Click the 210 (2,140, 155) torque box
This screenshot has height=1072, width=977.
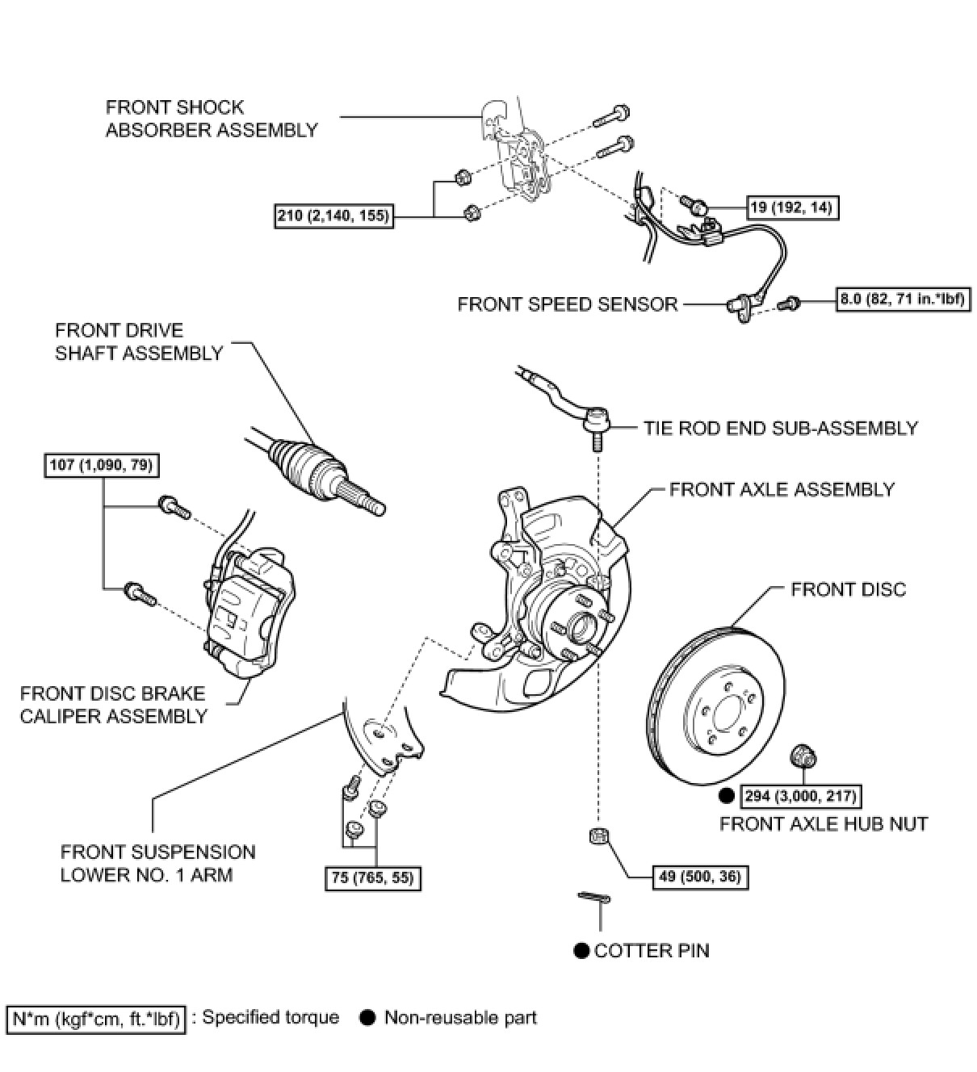(x=333, y=216)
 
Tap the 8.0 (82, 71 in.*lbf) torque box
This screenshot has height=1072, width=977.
(x=903, y=299)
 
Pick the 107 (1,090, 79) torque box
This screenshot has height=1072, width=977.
(x=101, y=465)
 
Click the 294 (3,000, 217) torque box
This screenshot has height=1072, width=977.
(x=799, y=796)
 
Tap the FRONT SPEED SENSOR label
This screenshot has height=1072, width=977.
(x=568, y=304)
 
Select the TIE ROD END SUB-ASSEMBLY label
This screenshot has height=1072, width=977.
(x=780, y=428)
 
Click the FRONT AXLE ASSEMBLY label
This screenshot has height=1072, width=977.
(x=782, y=489)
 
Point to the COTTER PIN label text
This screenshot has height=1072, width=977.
(x=652, y=951)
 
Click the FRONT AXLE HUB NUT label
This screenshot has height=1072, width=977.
(x=824, y=823)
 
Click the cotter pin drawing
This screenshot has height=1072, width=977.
(x=594, y=898)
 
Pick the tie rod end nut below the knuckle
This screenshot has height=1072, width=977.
(x=598, y=835)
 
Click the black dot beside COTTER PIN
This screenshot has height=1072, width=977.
(x=581, y=951)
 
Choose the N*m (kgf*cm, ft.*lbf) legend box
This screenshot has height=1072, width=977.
(x=96, y=1019)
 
